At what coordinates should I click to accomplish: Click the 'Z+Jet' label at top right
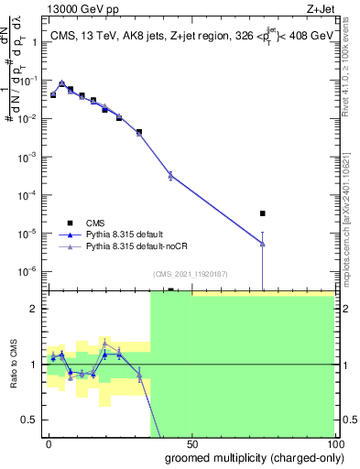317,11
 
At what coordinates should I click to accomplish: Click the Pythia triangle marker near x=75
263,243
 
